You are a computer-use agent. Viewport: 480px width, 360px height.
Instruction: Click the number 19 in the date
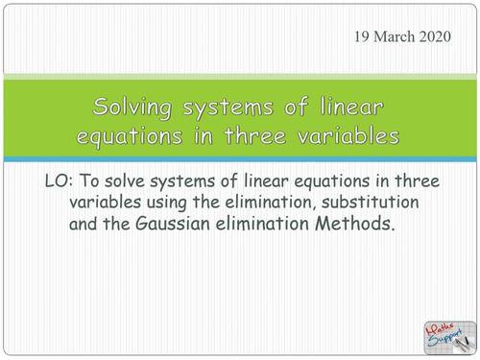click(362, 37)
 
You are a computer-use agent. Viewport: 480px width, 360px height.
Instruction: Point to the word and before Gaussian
click(85, 226)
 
